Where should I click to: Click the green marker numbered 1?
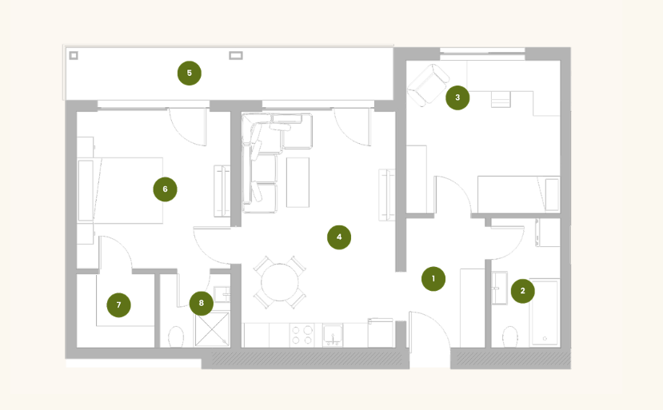pyautogui.click(x=433, y=279)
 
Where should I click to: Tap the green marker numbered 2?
pyautogui.click(x=522, y=291)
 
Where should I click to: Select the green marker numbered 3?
pyautogui.click(x=457, y=98)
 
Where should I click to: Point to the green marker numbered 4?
pyautogui.click(x=339, y=237)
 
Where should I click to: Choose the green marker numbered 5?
pyautogui.click(x=189, y=73)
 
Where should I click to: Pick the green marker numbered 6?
pyautogui.click(x=165, y=189)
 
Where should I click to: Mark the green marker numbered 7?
pyautogui.click(x=118, y=305)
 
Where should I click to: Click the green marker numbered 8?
pyautogui.click(x=202, y=303)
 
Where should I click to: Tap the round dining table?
pyautogui.click(x=279, y=282)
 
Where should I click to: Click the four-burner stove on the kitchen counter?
pyautogui.click(x=302, y=335)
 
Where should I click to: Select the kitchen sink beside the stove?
pyautogui.click(x=333, y=335)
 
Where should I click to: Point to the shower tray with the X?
pyautogui.click(x=212, y=329)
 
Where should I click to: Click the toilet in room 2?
pyautogui.click(x=510, y=337)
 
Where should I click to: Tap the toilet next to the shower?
pyautogui.click(x=176, y=337)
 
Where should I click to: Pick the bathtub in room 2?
pyautogui.click(x=545, y=312)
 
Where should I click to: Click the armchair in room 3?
pyautogui.click(x=428, y=86)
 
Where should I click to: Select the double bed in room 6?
pyautogui.click(x=121, y=191)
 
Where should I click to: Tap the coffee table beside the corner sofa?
pyautogui.click(x=298, y=182)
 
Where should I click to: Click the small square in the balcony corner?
pyautogui.click(x=74, y=55)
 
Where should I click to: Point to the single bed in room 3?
pyautogui.click(x=519, y=194)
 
